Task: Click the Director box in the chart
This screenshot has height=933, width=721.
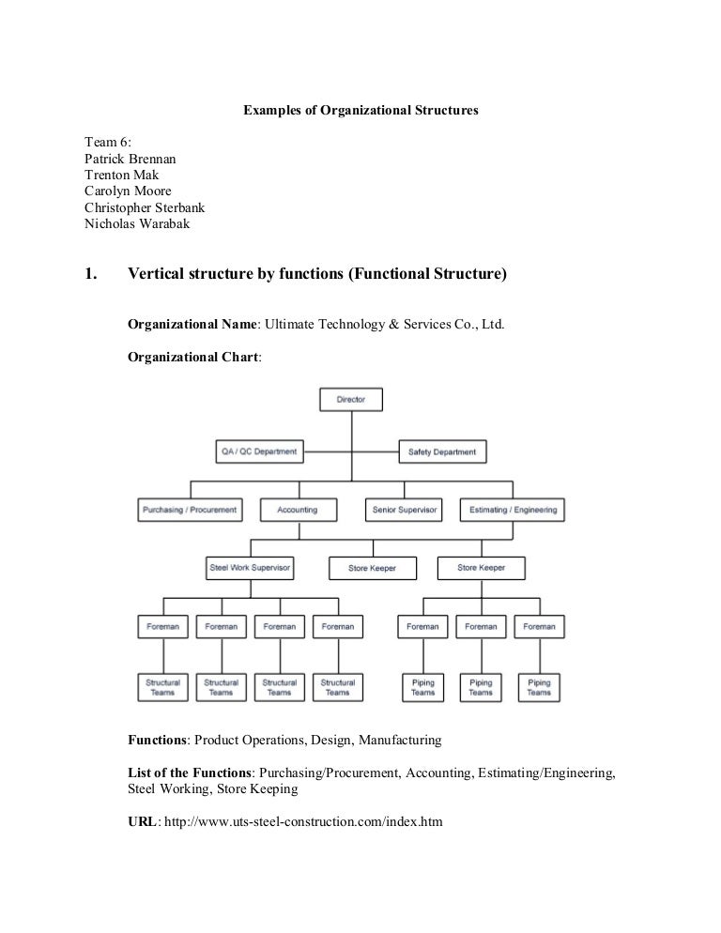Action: [x=352, y=399]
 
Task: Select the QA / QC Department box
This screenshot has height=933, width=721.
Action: [x=258, y=451]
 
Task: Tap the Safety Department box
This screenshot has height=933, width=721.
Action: [x=442, y=451]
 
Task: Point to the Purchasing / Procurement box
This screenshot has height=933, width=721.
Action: [x=190, y=510]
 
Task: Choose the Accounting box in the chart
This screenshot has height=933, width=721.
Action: [x=298, y=510]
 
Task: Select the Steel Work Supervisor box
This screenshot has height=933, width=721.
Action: [x=250, y=568]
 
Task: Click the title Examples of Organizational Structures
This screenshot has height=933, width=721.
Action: [x=360, y=110]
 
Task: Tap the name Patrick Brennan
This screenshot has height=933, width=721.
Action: [x=130, y=159]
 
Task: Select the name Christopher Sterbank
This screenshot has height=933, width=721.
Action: [x=145, y=207]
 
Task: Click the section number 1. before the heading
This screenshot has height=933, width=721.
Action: [x=91, y=275]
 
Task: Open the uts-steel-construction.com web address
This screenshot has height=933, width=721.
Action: [x=304, y=821]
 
